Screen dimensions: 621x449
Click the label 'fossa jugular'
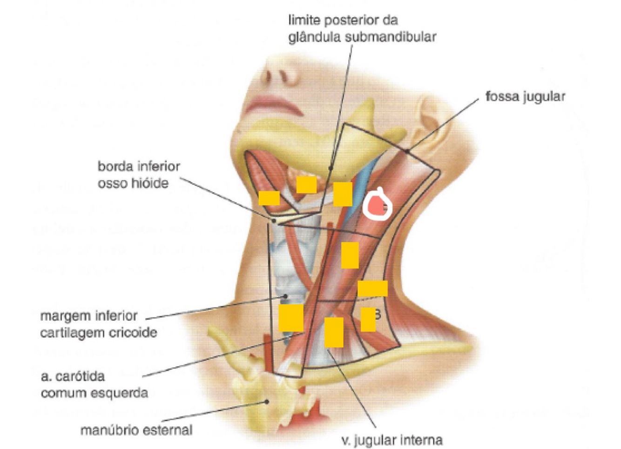(525, 97)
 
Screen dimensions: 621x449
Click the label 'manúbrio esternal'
(136, 430)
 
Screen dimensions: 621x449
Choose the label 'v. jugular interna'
(392, 440)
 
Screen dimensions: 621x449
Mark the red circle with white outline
(377, 205)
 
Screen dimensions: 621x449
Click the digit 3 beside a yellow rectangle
(378, 315)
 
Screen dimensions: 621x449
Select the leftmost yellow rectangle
(269, 198)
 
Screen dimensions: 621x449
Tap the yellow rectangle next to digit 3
(368, 319)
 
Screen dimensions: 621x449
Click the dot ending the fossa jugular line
(407, 151)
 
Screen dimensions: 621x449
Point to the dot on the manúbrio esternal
(267, 402)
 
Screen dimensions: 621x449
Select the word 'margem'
(63, 316)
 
